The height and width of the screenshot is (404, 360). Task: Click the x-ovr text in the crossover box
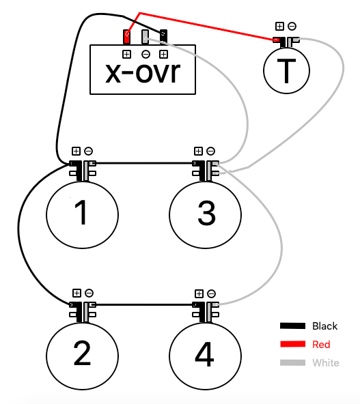point(143,72)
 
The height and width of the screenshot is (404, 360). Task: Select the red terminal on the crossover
point(126,37)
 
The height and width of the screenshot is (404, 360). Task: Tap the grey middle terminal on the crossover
point(145,37)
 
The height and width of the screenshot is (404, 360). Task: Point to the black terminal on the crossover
point(163,37)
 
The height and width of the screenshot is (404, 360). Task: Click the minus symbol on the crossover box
point(146,55)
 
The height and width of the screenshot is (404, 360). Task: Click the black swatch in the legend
point(292,326)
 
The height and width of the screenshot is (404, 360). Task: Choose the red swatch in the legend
point(292,344)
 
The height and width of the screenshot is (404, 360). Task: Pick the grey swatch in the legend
point(292,363)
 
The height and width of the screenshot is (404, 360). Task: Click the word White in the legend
point(326,363)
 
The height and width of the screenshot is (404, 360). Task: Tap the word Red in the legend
point(321,345)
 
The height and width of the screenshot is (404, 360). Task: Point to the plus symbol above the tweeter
point(279,27)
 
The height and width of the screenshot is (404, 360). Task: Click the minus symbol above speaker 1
point(88,151)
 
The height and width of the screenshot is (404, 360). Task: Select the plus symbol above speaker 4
point(199,293)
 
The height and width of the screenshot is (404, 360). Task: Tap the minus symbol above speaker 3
point(210,151)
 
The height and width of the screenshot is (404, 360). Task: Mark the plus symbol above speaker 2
point(77,293)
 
